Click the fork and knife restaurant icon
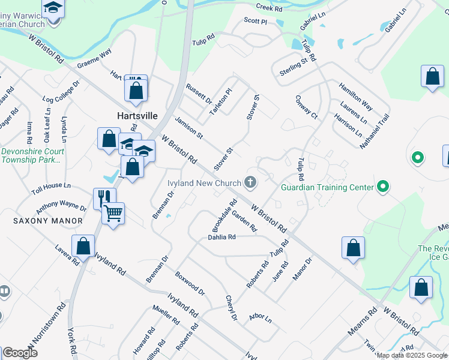tap(104, 197)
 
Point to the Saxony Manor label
tap(47, 221)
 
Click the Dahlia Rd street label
tap(222, 237)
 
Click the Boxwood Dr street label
tap(190, 284)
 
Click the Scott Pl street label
tap(255, 21)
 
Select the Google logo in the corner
tap(20, 353)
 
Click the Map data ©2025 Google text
tap(412, 355)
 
